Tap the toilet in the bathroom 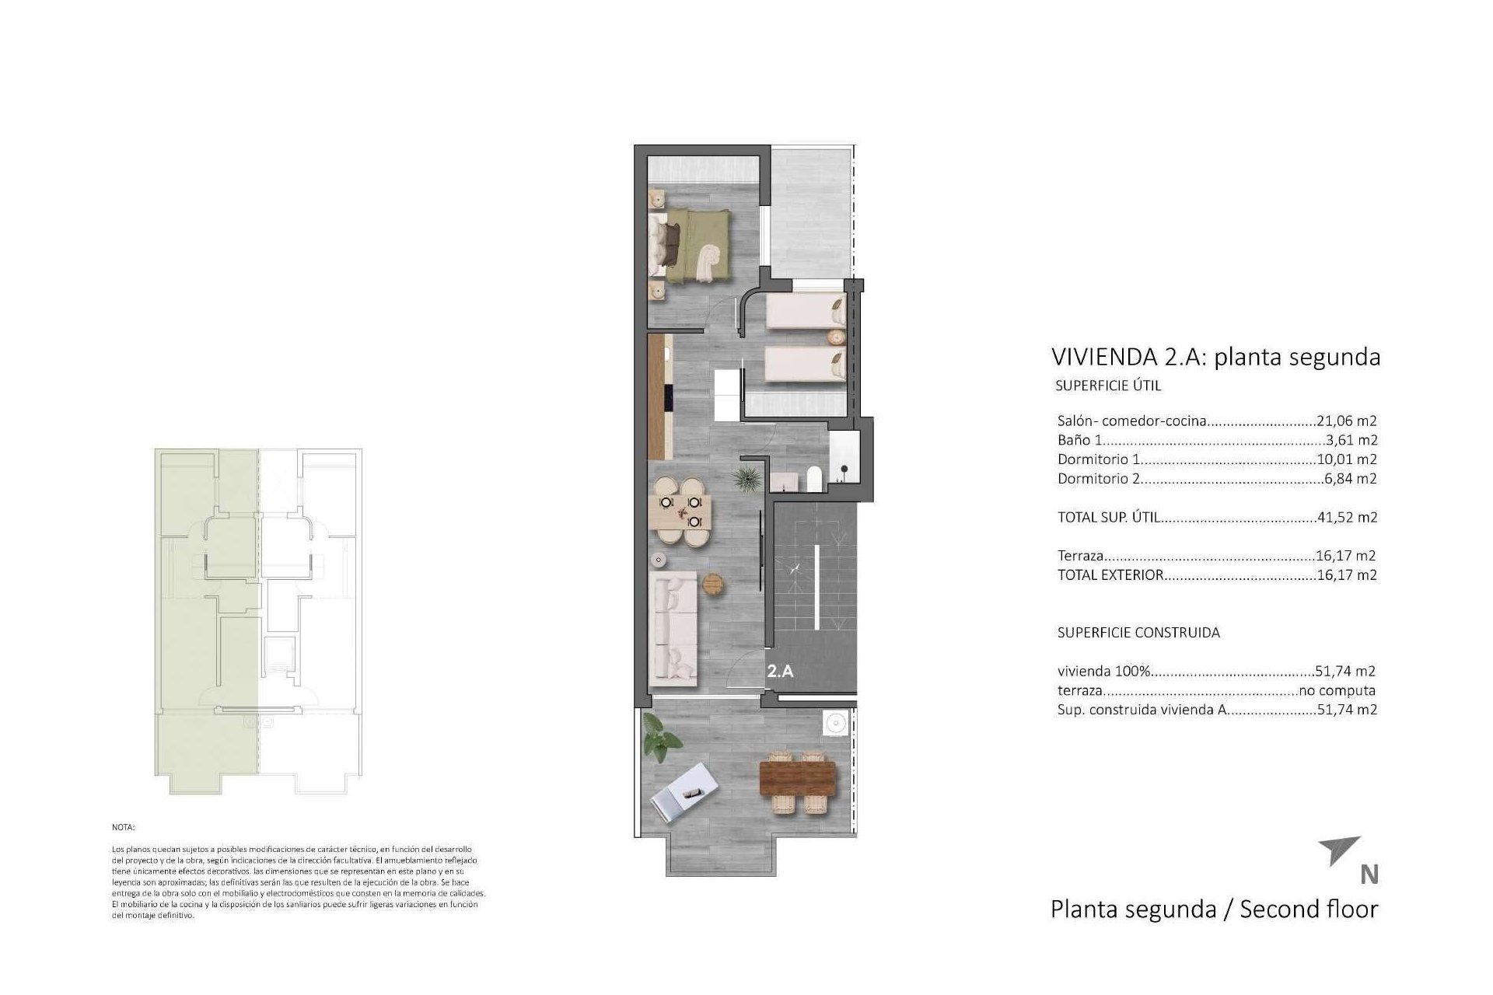[x=813, y=478]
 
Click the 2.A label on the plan [x=780, y=672]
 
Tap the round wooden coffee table [x=713, y=583]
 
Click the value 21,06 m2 [x=1347, y=421]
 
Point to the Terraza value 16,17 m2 [x=1347, y=556]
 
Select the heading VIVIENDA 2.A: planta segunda [x=1215, y=357]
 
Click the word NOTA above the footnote [x=123, y=828]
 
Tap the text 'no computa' [x=1337, y=690]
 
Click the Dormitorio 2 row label [x=1099, y=479]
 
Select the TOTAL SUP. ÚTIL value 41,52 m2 [x=1348, y=517]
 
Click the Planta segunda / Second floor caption [x=1213, y=909]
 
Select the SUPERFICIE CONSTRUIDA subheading [x=1138, y=632]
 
